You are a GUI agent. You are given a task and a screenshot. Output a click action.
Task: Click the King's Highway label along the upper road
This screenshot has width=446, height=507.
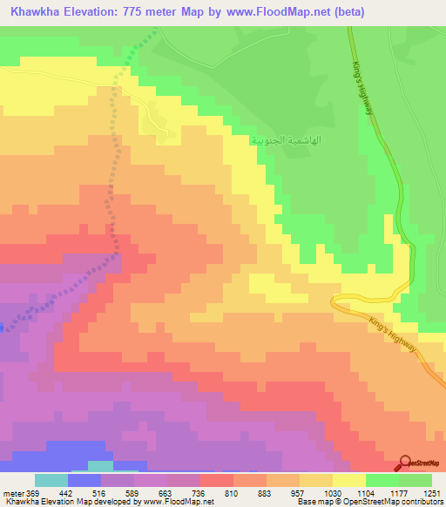coord(367,87)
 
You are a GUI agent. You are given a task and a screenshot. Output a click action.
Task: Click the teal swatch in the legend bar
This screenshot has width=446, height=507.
coord(51,480)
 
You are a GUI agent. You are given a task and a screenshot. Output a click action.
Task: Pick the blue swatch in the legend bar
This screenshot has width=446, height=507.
coord(84,480)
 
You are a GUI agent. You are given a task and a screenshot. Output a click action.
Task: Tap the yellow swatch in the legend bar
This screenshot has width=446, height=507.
coord(349,480)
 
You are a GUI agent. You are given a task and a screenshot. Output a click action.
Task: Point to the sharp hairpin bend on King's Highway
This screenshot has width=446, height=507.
coord(335,301)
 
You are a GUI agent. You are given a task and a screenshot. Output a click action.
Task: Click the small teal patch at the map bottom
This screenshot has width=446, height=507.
coord(100,466)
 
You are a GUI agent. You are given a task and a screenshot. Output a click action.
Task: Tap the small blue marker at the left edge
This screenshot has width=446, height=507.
coord(2,328)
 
